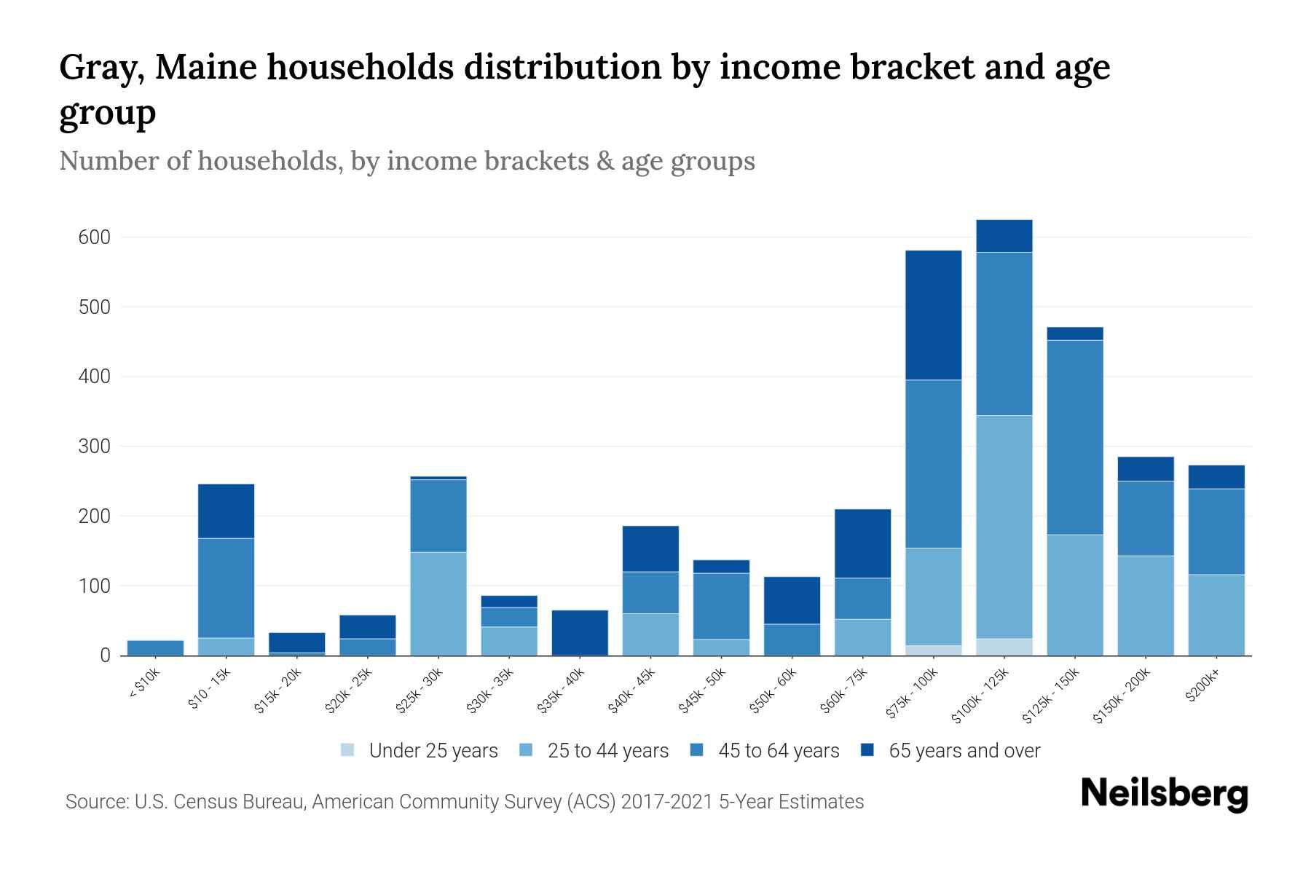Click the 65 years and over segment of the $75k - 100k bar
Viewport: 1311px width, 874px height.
click(933, 315)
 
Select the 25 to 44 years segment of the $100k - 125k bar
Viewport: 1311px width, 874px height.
click(1004, 527)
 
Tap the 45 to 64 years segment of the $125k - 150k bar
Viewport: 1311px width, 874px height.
click(1074, 437)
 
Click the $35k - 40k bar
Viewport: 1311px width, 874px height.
click(580, 632)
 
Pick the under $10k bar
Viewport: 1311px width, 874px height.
click(155, 647)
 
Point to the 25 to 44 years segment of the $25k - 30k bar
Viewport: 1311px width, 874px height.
click(438, 603)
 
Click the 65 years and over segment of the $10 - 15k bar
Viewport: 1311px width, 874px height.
click(226, 511)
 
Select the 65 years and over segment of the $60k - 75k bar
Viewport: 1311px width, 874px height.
click(862, 543)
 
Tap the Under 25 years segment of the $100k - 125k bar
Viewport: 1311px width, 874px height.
click(1004, 647)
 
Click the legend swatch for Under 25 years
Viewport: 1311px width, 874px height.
click(348, 750)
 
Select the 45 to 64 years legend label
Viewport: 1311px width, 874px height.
click(778, 750)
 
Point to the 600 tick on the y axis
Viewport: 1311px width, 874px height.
click(94, 237)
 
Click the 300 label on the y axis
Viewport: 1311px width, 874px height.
click(94, 446)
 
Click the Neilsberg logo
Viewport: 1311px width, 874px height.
click(1164, 794)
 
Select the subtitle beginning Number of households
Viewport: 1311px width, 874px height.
click(406, 161)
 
